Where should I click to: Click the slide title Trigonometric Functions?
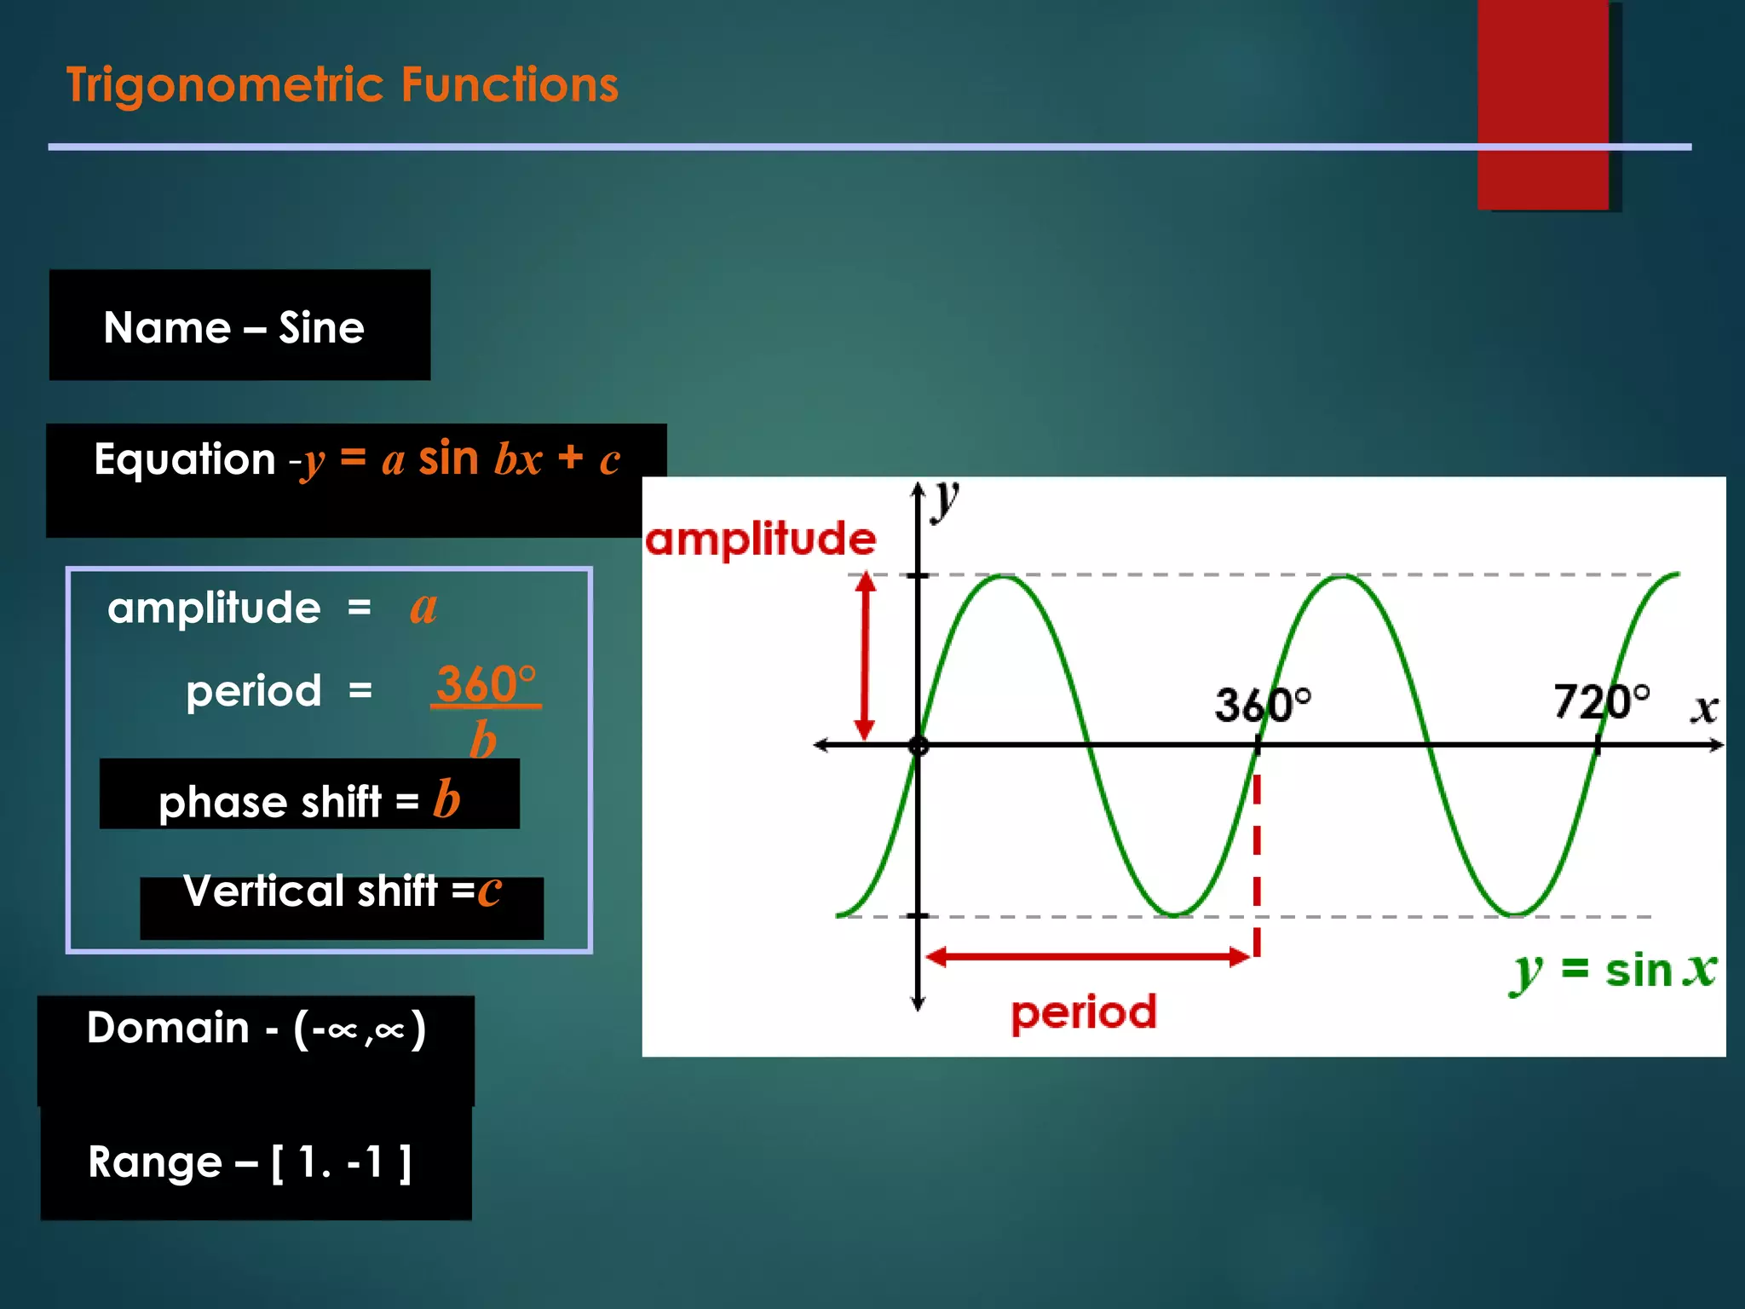(343, 85)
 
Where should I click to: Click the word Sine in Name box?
(321, 327)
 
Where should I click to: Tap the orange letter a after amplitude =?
(423, 608)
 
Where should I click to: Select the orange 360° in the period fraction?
(486, 684)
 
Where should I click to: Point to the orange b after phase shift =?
(446, 799)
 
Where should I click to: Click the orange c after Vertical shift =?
(489, 890)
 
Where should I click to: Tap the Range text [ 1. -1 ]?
(341, 1162)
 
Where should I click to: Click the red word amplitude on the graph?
(760, 539)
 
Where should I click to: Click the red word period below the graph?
(1084, 1012)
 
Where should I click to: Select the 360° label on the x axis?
(1262, 705)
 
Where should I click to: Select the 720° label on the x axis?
(1601, 701)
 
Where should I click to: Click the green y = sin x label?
(1613, 971)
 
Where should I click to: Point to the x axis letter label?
(1704, 708)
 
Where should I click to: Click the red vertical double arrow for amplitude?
(865, 656)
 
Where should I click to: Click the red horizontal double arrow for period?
(1088, 957)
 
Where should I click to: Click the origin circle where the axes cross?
(919, 747)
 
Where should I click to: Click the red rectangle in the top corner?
(1542, 102)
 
